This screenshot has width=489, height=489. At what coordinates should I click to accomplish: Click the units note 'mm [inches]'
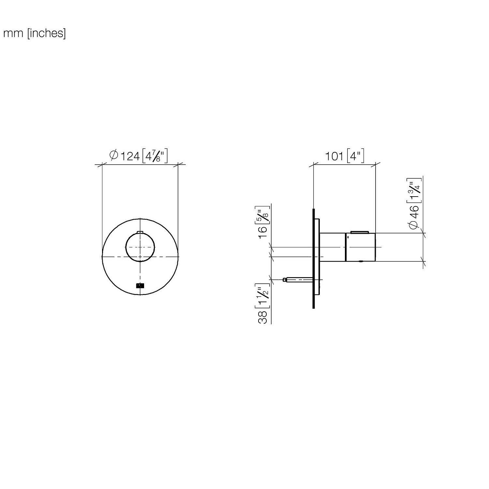(x=35, y=34)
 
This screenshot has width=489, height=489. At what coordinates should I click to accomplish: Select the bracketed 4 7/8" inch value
(x=155, y=156)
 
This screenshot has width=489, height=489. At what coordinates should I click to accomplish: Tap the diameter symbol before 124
(x=114, y=155)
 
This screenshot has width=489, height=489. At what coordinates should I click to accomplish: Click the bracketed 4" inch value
(x=355, y=156)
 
